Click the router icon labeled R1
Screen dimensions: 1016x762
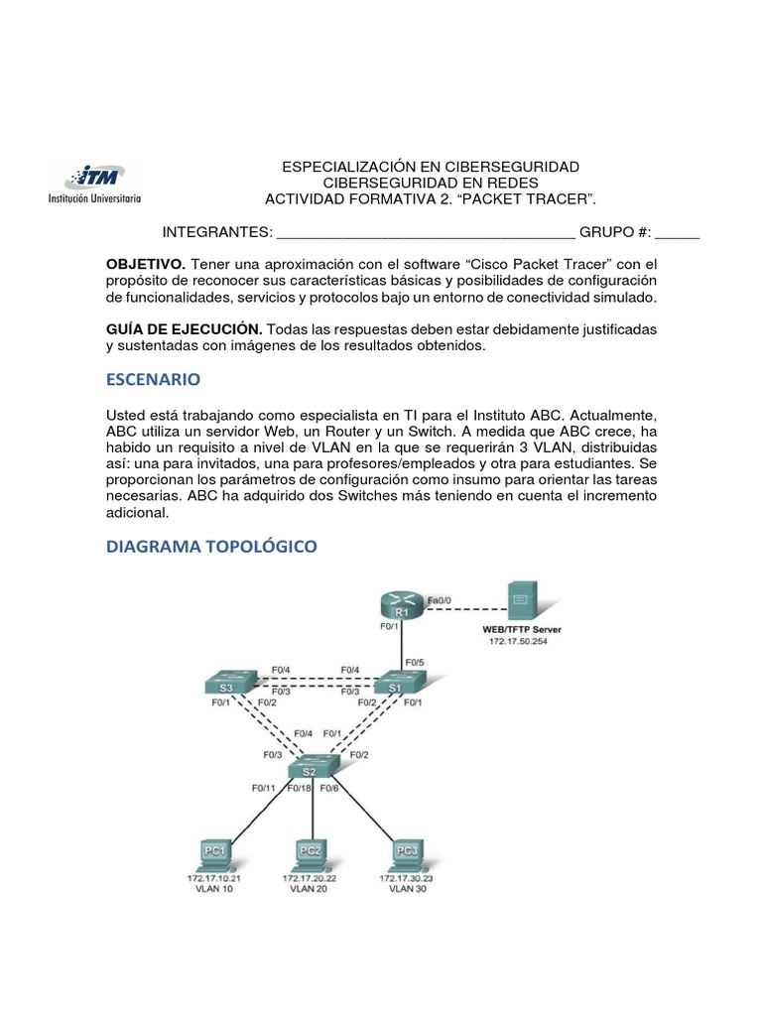[x=401, y=604]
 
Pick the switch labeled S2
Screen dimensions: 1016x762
[x=314, y=769]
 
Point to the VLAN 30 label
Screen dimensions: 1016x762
[x=407, y=888]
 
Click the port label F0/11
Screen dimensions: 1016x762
[x=264, y=789]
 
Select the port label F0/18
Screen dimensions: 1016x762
[x=299, y=789]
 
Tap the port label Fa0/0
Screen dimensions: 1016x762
[x=440, y=600]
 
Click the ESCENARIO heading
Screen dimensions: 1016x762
[x=153, y=379]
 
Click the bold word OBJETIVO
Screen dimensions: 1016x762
[x=145, y=264]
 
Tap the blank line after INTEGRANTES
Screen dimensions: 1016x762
[x=426, y=233]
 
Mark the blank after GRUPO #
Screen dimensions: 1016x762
[x=678, y=233]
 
